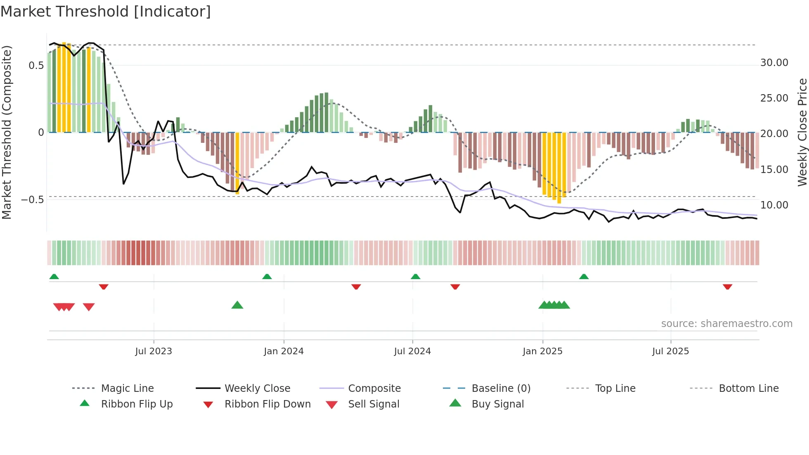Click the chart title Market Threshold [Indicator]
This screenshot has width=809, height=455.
click(x=106, y=12)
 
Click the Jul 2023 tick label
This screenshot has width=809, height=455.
click(x=154, y=351)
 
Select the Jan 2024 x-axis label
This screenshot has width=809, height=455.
click(x=284, y=351)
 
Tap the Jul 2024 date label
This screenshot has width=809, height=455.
click(x=412, y=351)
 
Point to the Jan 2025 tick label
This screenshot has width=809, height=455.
click(x=542, y=351)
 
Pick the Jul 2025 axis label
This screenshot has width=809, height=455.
click(x=671, y=351)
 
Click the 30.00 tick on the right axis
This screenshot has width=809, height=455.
click(x=774, y=63)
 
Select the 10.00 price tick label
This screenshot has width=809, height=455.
click(x=774, y=205)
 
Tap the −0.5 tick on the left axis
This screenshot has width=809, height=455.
click(x=33, y=200)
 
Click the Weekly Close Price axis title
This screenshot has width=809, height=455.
click(x=802, y=132)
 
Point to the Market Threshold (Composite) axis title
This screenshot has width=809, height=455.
click(x=7, y=132)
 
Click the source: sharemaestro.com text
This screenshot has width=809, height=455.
click(x=726, y=324)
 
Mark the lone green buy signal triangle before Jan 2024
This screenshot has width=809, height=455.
click(x=237, y=305)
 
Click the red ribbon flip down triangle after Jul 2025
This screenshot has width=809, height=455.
click(x=727, y=287)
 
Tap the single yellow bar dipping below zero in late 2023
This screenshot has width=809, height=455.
click(x=237, y=163)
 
